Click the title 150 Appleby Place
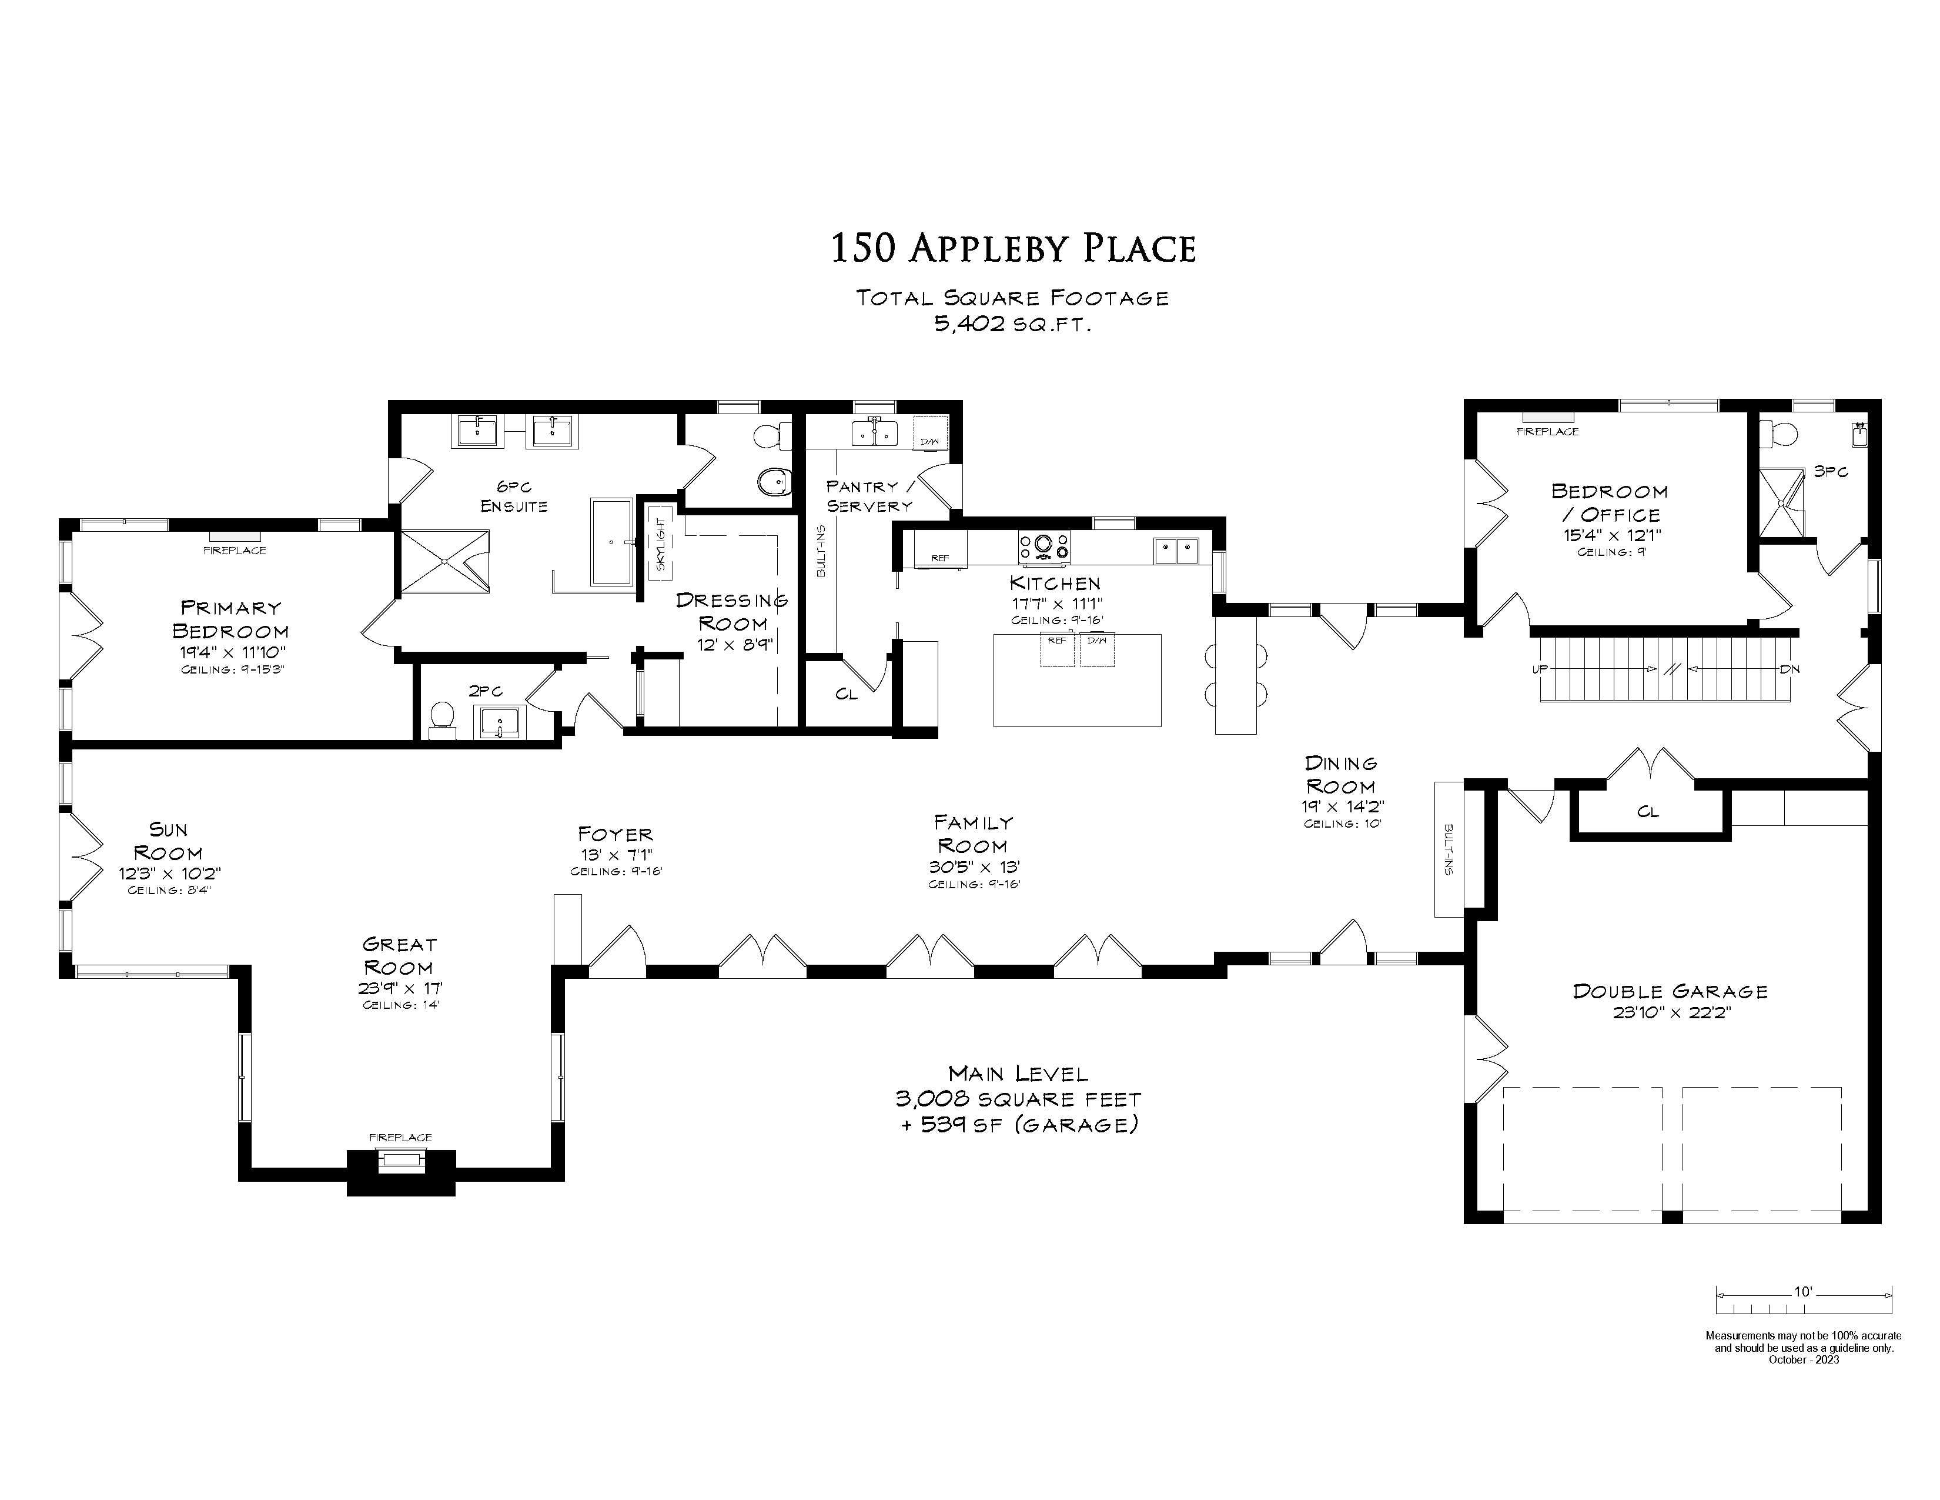point(1013,248)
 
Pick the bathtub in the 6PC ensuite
point(611,541)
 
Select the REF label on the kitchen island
point(1056,640)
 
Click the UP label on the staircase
point(1540,669)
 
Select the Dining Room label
point(1342,775)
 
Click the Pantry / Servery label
point(869,496)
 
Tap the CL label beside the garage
point(1648,811)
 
